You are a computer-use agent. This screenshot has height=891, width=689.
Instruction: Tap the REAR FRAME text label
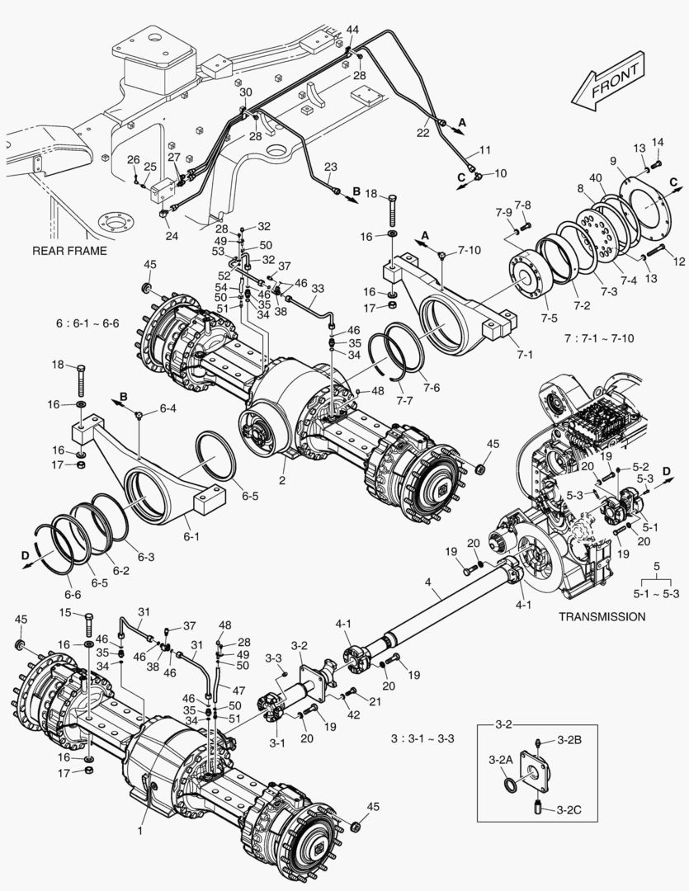coord(69,250)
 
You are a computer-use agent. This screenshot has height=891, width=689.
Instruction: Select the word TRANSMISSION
coord(602,615)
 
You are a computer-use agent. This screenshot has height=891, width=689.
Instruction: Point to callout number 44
coord(352,30)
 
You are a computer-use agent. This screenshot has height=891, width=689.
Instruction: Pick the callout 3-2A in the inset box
coord(500,758)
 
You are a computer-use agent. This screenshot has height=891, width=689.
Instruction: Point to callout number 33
coord(317,288)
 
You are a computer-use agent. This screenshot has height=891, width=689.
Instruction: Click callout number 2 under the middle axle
coord(281,479)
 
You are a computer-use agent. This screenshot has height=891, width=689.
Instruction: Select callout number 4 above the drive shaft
coord(428,582)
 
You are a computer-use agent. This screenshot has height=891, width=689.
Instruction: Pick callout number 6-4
coord(168,407)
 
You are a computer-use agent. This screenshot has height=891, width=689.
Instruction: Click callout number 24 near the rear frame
coord(171,236)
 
